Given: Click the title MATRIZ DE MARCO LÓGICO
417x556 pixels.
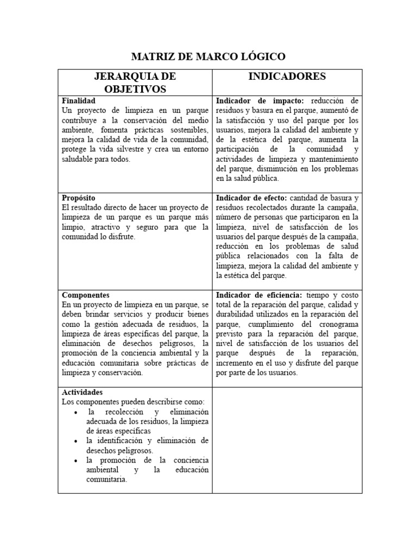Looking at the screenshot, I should click(x=208, y=56).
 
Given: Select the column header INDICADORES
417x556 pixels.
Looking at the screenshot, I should click(x=287, y=77).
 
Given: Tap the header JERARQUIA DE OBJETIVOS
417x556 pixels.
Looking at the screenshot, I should click(x=134, y=83).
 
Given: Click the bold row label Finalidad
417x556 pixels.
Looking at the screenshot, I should click(x=79, y=101).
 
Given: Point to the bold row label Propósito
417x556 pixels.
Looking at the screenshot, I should click(x=79, y=198).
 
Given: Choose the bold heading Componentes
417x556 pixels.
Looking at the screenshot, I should click(x=85, y=295).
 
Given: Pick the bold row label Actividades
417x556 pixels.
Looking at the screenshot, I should click(x=82, y=392).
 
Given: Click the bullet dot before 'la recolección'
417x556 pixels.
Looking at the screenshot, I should click(x=75, y=412).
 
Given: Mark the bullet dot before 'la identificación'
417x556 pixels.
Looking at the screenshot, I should click(x=75, y=441).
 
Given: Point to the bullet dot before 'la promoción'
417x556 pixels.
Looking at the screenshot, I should click(x=75, y=461).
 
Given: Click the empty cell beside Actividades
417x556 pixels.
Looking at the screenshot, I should click(x=287, y=440).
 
